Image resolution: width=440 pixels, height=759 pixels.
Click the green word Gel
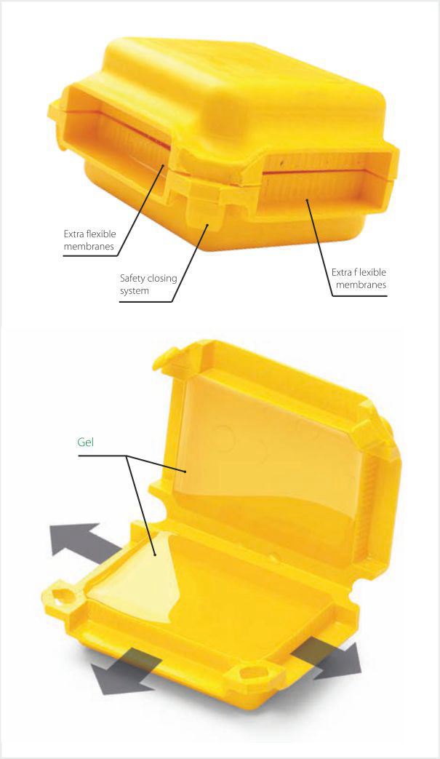pyautogui.click(x=86, y=442)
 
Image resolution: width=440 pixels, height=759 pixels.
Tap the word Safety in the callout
pyautogui.click(x=132, y=278)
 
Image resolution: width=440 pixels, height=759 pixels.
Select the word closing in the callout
pyautogui.click(x=161, y=279)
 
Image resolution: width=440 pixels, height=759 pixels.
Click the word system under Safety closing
pyautogui.click(x=134, y=291)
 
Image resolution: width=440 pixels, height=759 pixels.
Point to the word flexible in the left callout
pyautogui.click(x=100, y=234)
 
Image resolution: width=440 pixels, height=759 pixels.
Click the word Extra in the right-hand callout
pyautogui.click(x=341, y=272)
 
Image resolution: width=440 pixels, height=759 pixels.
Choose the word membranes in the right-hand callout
pyautogui.click(x=361, y=285)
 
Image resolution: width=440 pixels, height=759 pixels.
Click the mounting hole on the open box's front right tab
pyautogui.click(x=250, y=673)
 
